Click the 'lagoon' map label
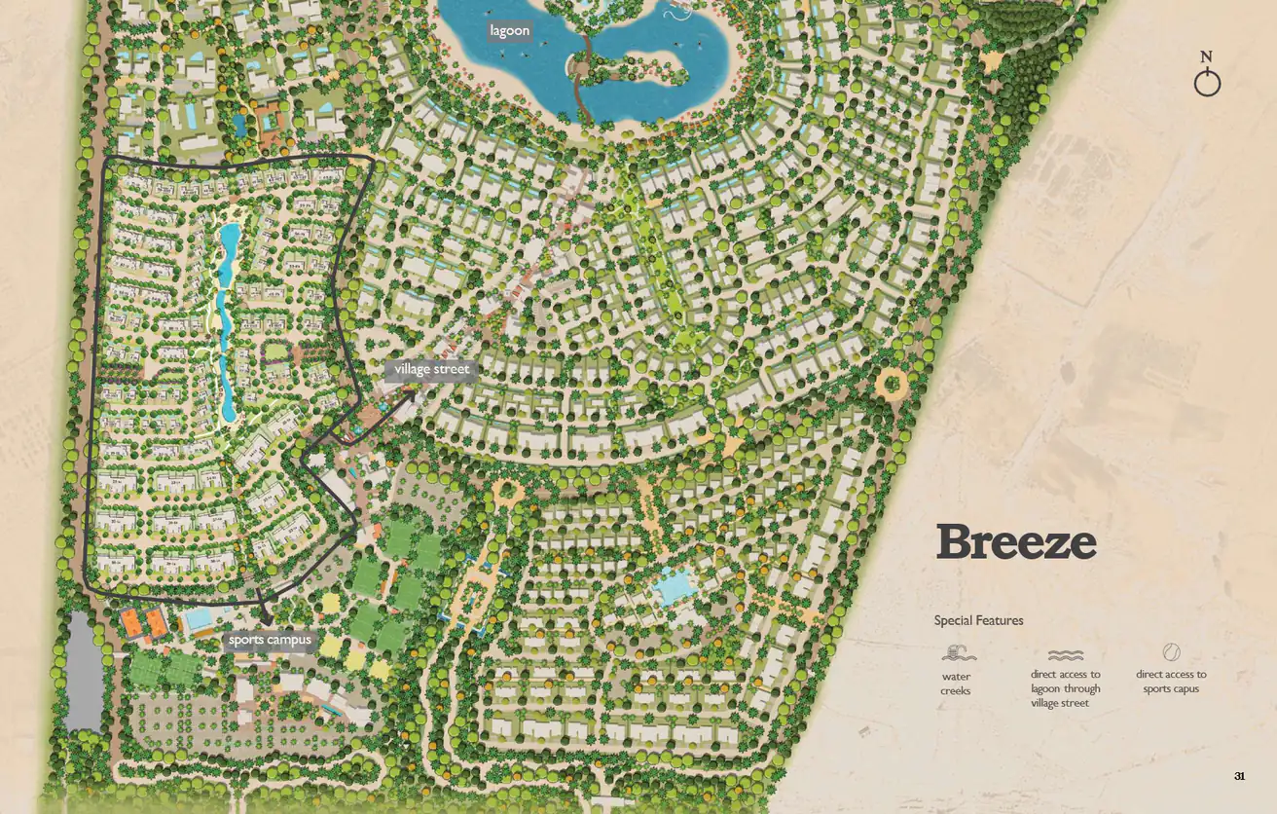509,31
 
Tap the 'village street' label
431,370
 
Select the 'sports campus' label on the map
270,640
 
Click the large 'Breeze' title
1015,542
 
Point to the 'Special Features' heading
978,620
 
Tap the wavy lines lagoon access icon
1065,655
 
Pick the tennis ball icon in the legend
1171,652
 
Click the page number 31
1239,776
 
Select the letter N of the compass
1207,56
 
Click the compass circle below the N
1207,84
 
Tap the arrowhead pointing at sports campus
265,619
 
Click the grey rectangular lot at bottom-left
84,672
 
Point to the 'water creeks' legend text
956,684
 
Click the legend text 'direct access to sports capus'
1171,682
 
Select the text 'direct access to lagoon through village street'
1065,688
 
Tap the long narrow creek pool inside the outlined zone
226,321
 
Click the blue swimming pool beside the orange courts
200,620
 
